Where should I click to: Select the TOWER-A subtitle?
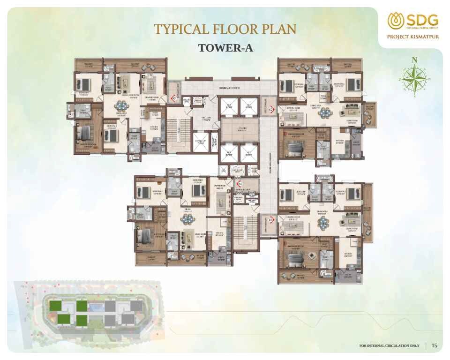[225, 48]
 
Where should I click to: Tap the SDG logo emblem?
[394, 21]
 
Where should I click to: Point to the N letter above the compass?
[414, 60]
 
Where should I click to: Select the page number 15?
[435, 345]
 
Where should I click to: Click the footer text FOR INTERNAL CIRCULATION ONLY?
[389, 346]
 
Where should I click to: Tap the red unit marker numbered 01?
[174, 98]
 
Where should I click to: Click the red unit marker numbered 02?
[271, 110]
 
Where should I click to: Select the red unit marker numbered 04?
[239, 184]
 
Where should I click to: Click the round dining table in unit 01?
[122, 105]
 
